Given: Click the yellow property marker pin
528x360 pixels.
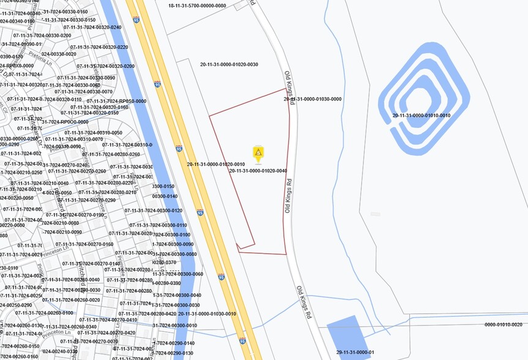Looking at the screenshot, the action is click(x=258, y=153).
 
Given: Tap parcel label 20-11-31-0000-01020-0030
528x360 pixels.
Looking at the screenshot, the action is click(x=229, y=64).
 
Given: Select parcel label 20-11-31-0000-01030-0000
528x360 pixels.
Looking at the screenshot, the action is click(x=312, y=99).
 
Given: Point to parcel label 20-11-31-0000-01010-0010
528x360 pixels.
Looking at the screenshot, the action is click(x=421, y=115).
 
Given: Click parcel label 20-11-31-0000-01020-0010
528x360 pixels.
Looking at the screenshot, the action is click(x=216, y=164).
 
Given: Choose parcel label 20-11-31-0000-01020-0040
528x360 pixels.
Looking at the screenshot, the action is click(x=258, y=171).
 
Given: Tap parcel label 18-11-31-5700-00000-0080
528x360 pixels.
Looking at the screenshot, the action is click(x=197, y=6).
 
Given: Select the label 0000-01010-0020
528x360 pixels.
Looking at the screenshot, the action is click(x=504, y=324).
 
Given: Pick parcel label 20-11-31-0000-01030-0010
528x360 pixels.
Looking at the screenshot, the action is click(x=207, y=313).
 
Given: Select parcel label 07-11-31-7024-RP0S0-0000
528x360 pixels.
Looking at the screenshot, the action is click(x=116, y=101).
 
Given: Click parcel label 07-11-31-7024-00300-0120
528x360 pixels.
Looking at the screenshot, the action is click(x=153, y=211).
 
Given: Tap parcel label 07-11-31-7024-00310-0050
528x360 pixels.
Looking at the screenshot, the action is click(x=93, y=133).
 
